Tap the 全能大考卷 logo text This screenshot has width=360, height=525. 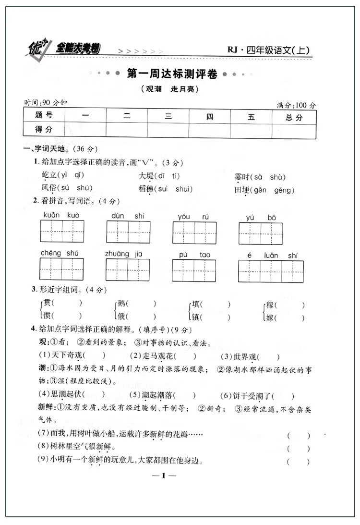tap(79, 48)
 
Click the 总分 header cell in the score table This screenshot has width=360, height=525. tap(294, 117)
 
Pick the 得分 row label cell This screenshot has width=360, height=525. tap(44, 129)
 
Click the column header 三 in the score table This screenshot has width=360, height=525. tap(168, 117)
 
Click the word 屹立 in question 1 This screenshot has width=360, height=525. tap(49, 176)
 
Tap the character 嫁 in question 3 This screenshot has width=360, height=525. tap(270, 317)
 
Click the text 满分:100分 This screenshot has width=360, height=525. tap(297, 105)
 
